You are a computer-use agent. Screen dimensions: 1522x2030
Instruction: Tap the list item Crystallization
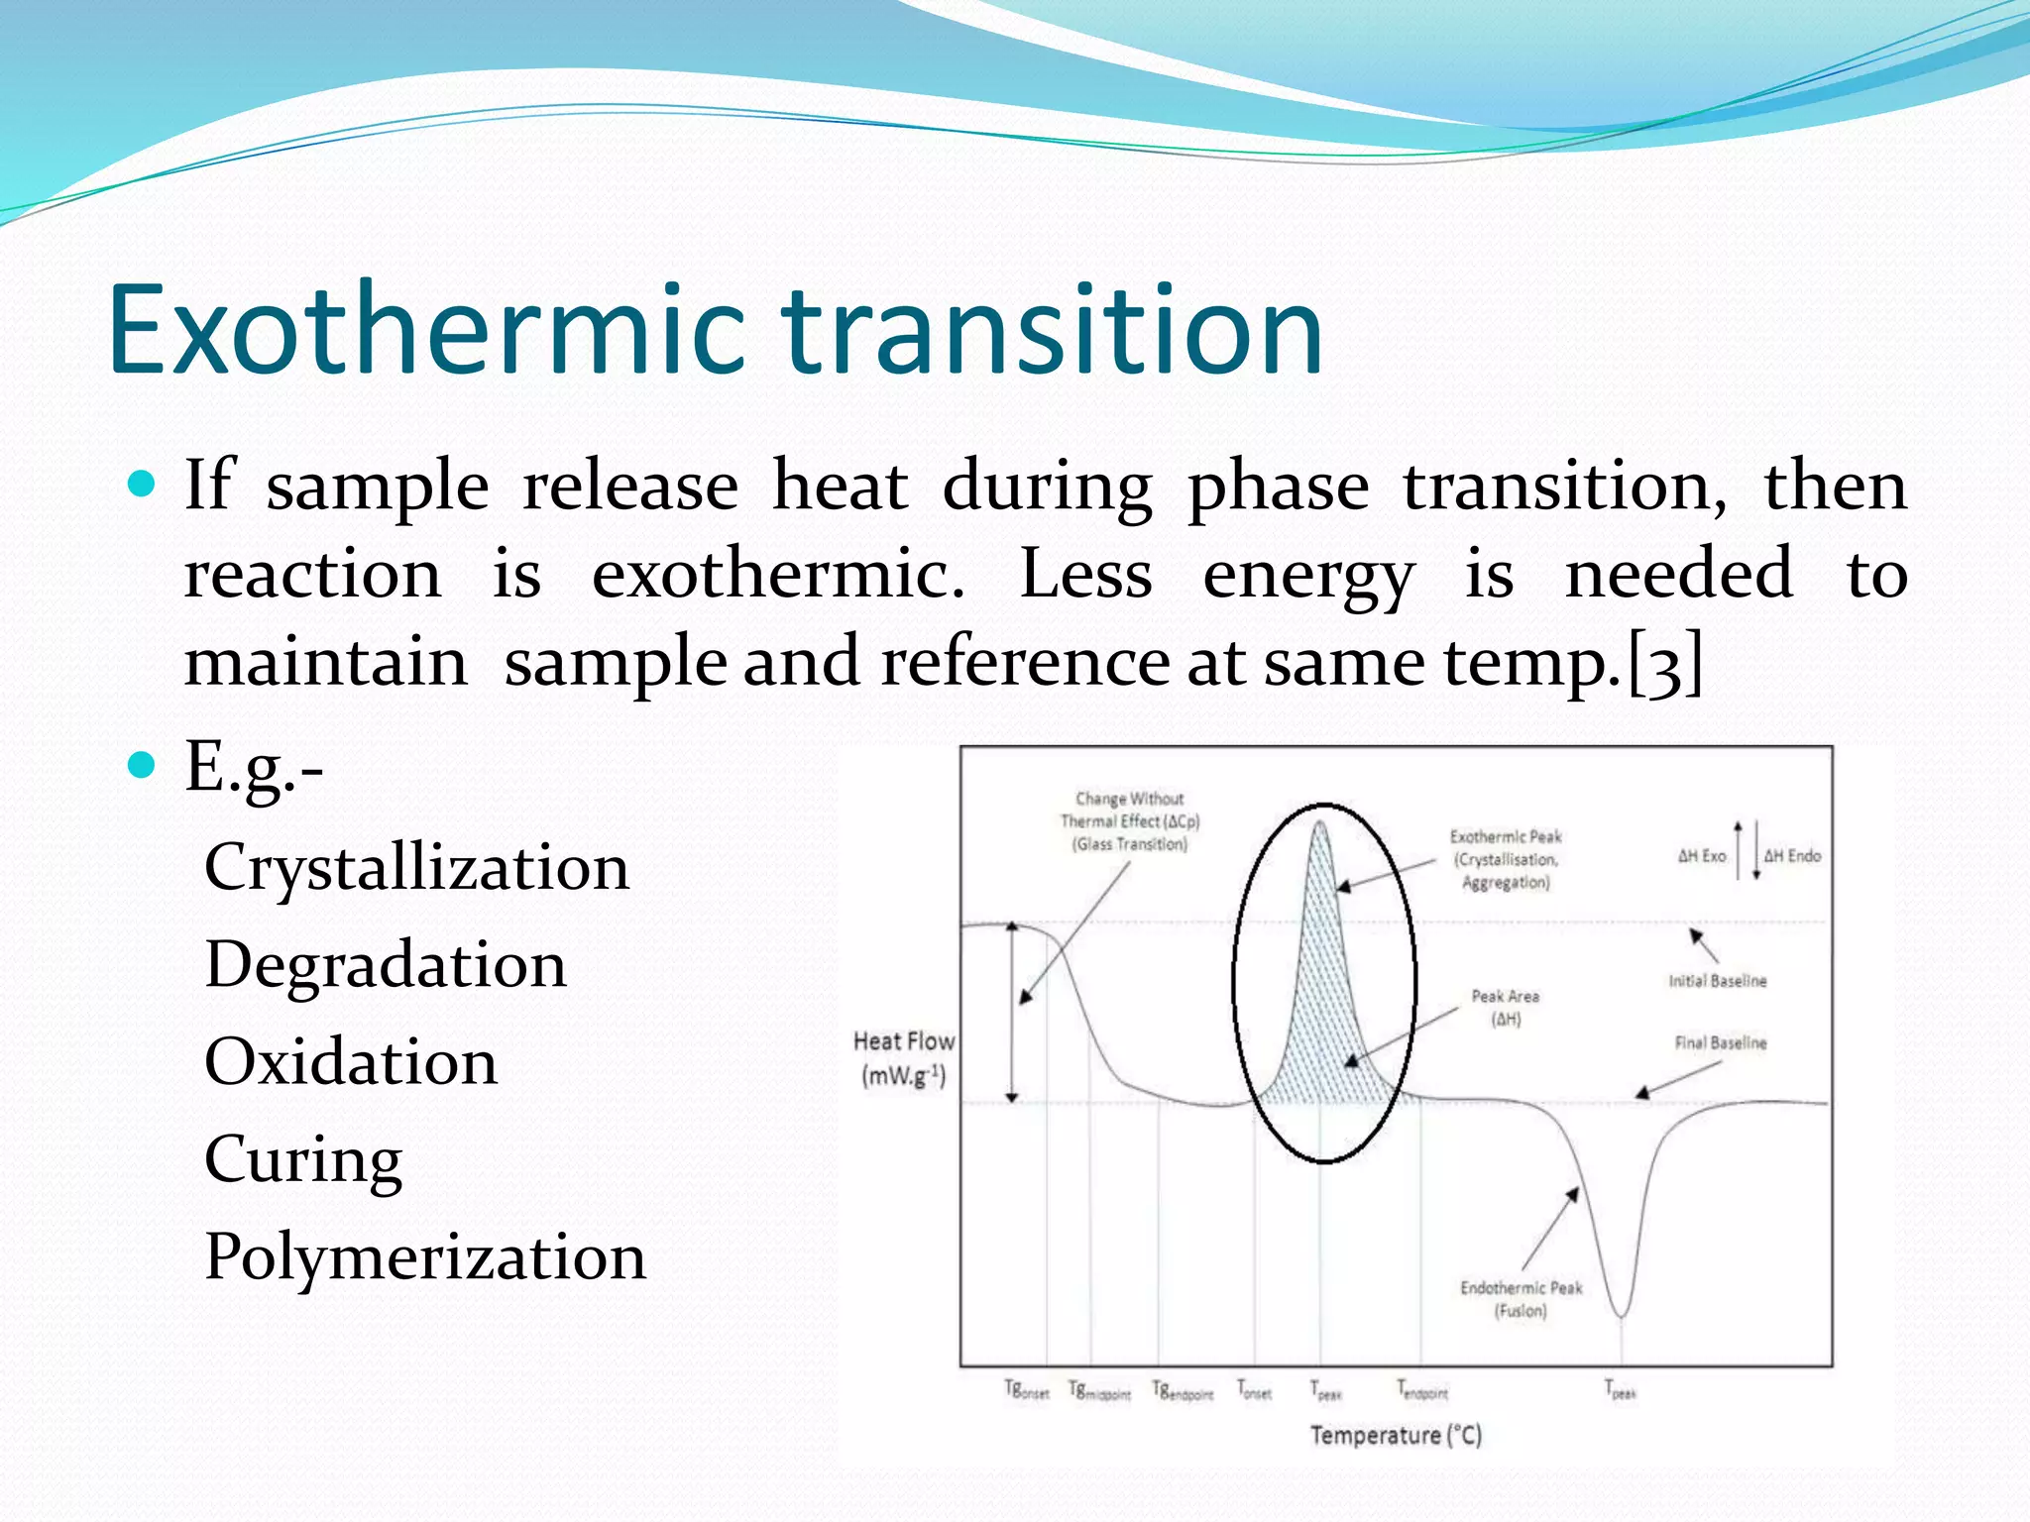click(416, 868)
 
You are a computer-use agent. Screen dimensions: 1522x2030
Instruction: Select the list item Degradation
click(386, 965)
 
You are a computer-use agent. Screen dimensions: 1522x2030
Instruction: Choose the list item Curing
click(303, 1159)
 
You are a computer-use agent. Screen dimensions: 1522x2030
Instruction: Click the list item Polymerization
click(425, 1256)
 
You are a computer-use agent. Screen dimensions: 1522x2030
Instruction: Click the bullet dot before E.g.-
click(143, 765)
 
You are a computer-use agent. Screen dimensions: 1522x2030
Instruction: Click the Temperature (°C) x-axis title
click(1396, 1435)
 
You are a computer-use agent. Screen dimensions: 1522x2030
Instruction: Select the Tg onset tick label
click(1026, 1390)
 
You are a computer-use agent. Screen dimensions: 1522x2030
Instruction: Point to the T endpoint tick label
click(1422, 1390)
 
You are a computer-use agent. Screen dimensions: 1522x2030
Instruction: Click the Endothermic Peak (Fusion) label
click(1521, 1299)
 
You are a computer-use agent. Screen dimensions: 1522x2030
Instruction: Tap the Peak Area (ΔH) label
click(1505, 1007)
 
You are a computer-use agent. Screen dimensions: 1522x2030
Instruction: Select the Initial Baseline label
click(1717, 981)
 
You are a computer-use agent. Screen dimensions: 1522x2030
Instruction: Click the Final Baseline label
click(1721, 1042)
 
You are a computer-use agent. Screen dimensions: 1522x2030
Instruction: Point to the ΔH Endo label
click(1792, 855)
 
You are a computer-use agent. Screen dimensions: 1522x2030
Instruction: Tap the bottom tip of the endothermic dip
click(1622, 1315)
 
